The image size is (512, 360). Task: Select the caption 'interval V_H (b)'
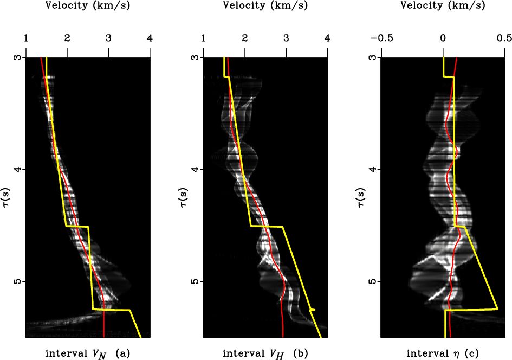coord(265,354)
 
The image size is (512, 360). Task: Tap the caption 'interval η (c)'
coord(443,354)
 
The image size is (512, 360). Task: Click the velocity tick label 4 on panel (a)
coord(150,38)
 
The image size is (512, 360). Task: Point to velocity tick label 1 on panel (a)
coord(26,38)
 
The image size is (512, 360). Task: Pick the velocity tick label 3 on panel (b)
coord(286,38)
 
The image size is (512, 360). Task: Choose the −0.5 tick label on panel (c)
coord(381,38)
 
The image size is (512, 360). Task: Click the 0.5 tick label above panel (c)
coord(504,38)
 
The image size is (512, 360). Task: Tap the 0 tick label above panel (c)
coord(443,38)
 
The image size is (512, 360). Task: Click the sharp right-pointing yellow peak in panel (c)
coord(497,308)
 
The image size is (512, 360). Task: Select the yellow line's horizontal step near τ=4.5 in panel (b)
coord(267,227)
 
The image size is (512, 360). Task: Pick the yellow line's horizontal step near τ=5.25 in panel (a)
coord(111,310)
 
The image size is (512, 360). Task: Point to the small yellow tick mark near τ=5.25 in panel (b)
coord(312,310)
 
